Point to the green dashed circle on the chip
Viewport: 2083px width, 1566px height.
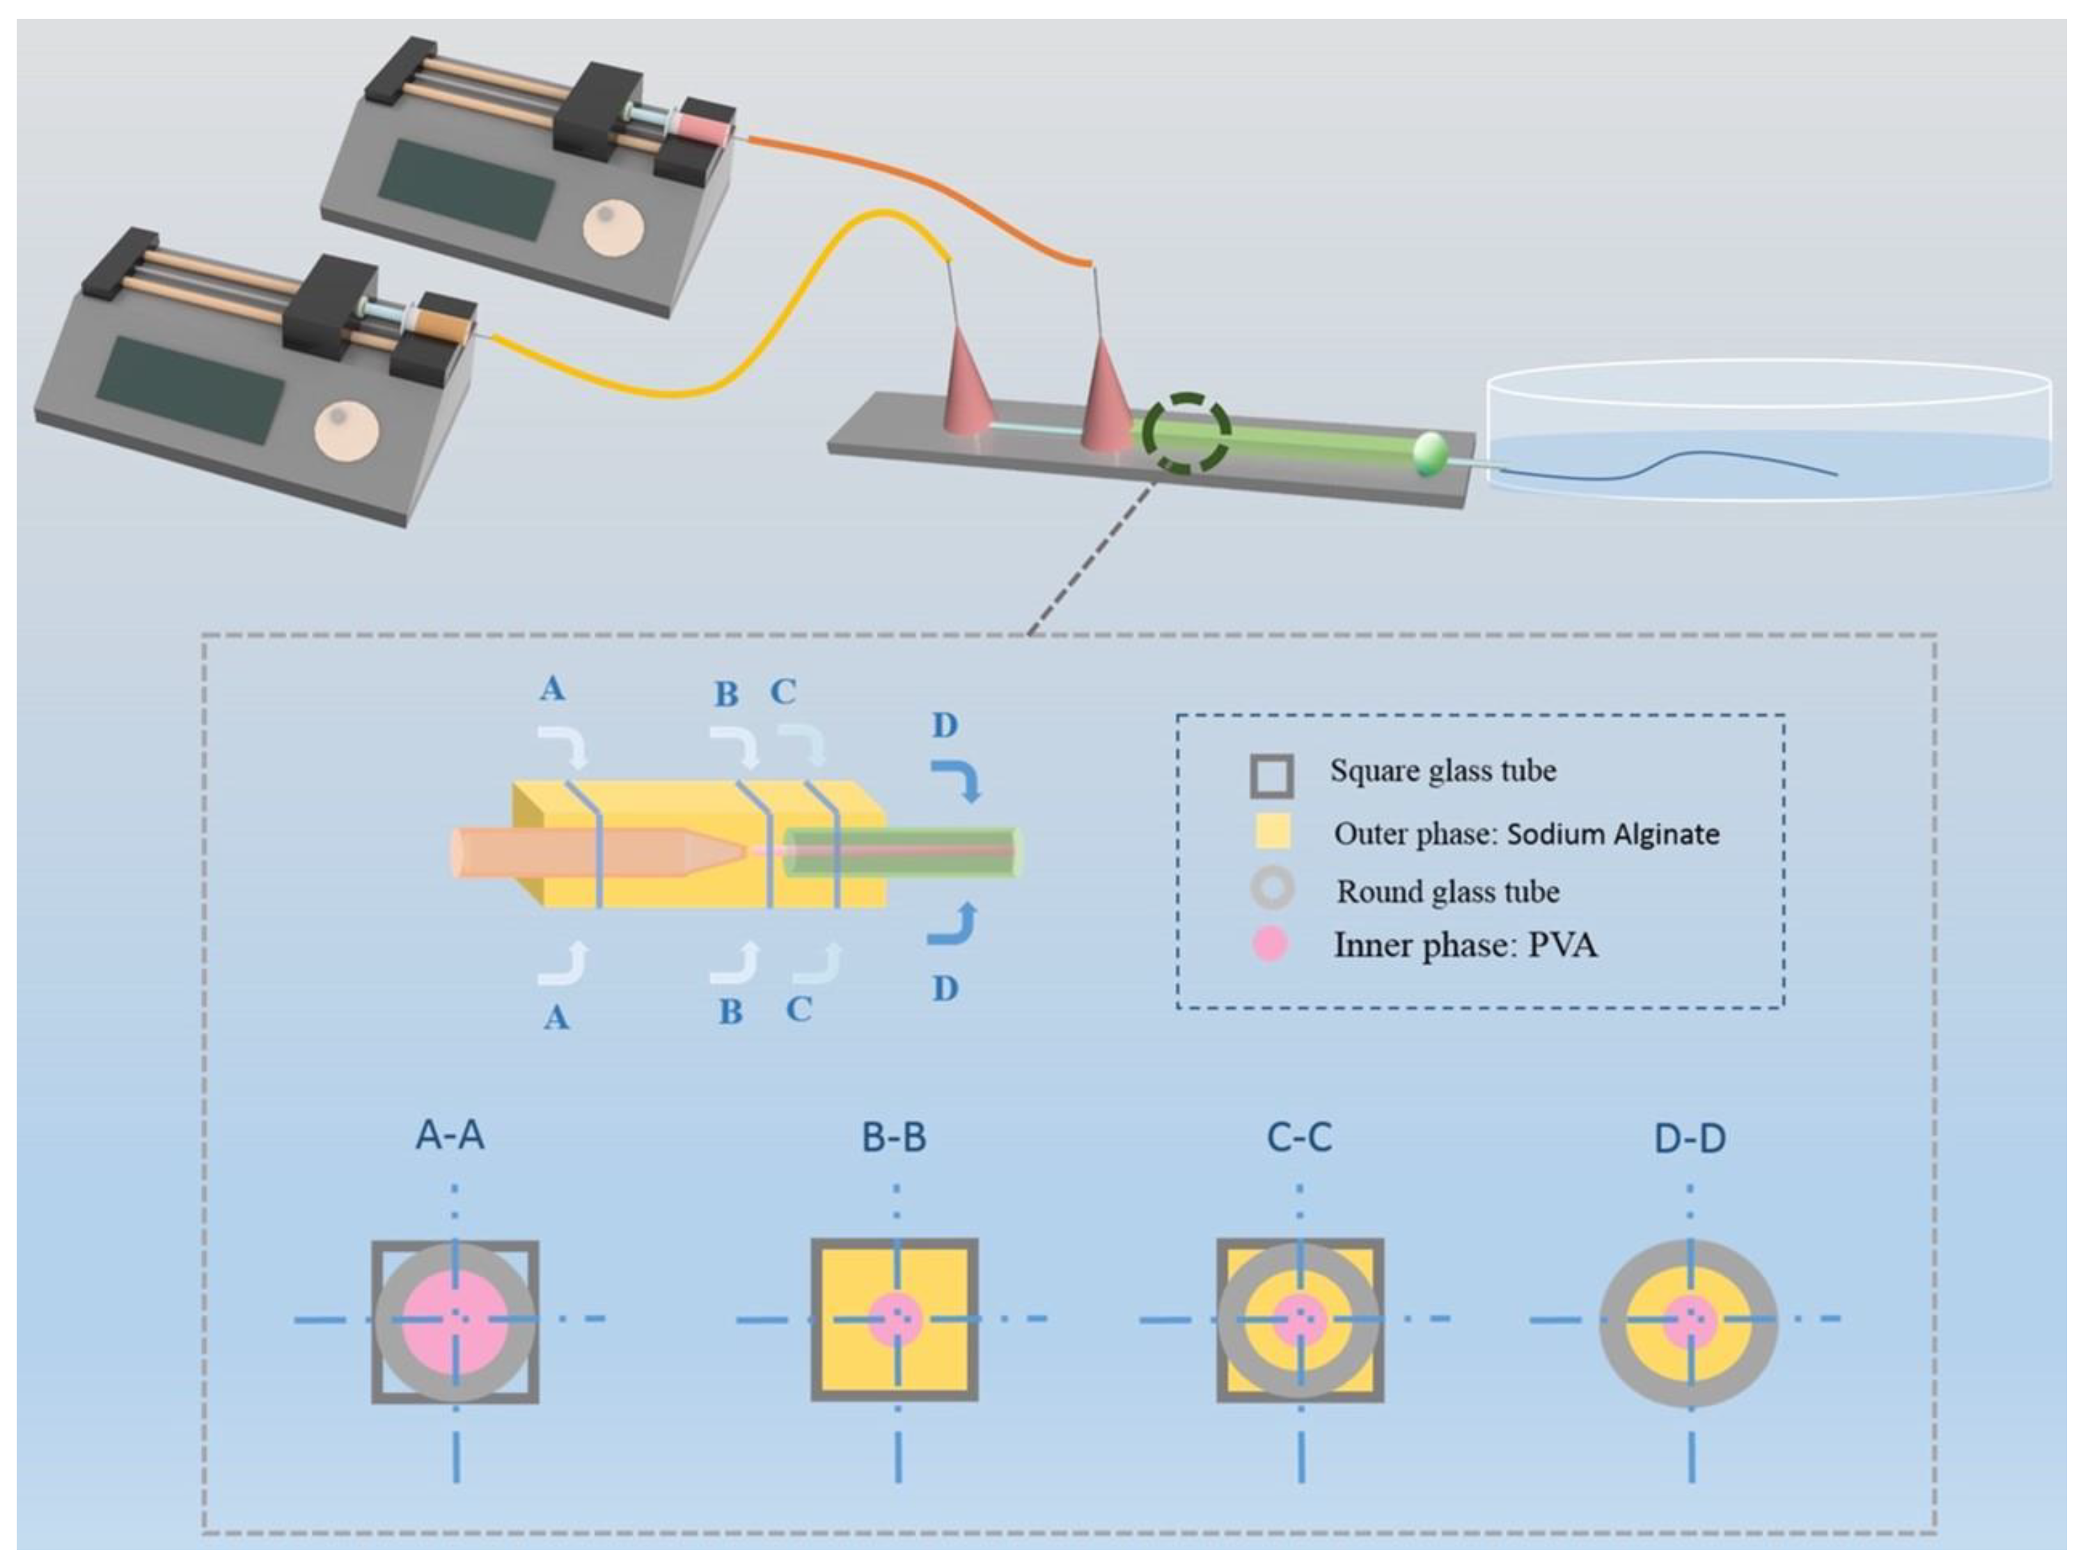[x=1186, y=433]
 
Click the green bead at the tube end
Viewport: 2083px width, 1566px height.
[x=1429, y=454]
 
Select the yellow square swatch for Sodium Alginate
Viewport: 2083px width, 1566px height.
[x=1271, y=832]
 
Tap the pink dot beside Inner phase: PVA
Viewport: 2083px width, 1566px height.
[x=1271, y=944]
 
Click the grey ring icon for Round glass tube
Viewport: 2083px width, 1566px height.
[x=1271, y=889]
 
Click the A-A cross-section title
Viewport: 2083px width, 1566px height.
[x=450, y=1136]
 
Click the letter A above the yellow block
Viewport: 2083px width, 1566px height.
[x=553, y=689]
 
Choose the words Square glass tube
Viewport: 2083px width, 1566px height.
[x=1442, y=771]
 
